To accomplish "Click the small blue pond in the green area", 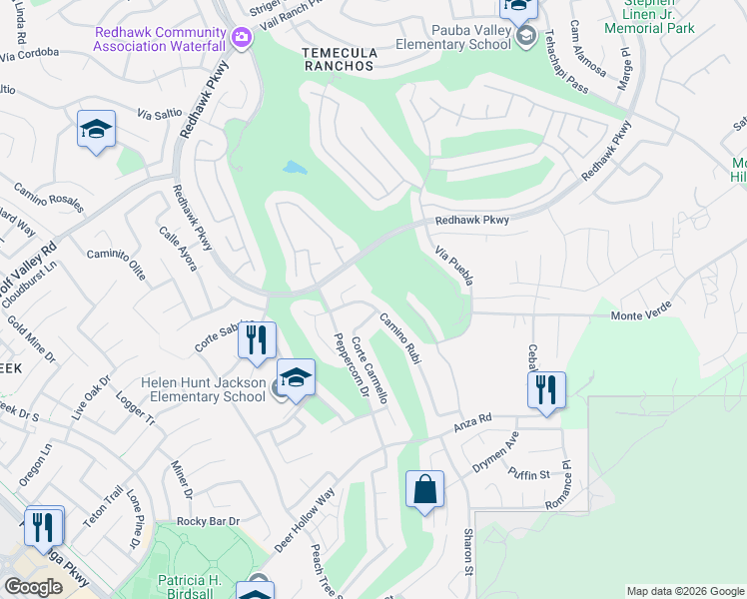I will click(295, 168).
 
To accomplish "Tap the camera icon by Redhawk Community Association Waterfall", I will click(241, 39).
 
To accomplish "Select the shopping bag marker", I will click(424, 490).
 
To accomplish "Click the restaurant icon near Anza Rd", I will click(546, 390).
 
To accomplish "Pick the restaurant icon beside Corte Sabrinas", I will click(257, 340).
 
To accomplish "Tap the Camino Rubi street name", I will click(397, 338).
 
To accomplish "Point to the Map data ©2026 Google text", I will click(684, 591).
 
